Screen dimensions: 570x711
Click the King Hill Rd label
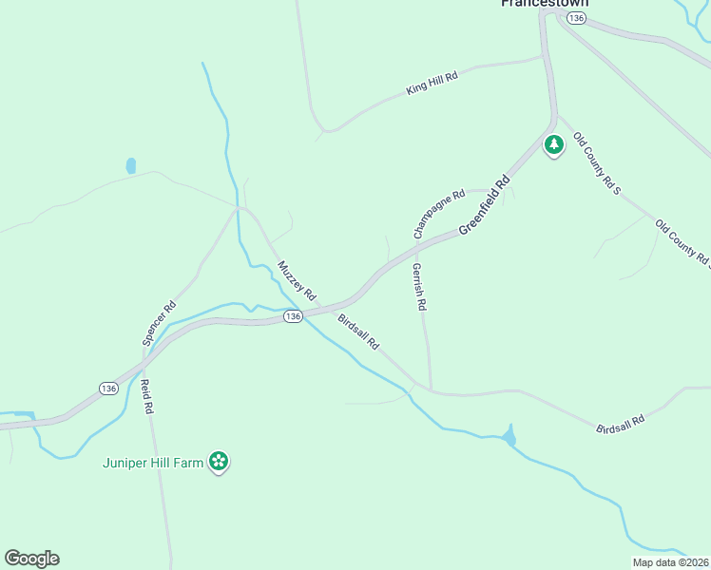(432, 82)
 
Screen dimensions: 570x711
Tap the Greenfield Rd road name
(485, 204)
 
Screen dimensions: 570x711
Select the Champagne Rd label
(438, 214)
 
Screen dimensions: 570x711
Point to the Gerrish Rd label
(418, 288)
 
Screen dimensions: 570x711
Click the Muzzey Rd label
(296, 280)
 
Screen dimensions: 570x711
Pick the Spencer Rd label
(160, 323)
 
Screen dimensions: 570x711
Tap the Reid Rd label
(146, 396)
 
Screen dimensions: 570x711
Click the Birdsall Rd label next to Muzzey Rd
(358, 332)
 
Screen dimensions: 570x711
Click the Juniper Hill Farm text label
(154, 464)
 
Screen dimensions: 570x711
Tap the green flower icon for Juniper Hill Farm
(220, 462)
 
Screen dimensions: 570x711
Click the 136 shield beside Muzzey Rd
(293, 316)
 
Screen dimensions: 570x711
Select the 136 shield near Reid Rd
(108, 389)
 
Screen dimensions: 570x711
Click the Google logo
(31, 559)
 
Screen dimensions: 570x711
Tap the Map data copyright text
(670, 562)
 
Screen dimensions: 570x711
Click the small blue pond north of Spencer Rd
(131, 165)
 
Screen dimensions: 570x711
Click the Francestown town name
(545, 4)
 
